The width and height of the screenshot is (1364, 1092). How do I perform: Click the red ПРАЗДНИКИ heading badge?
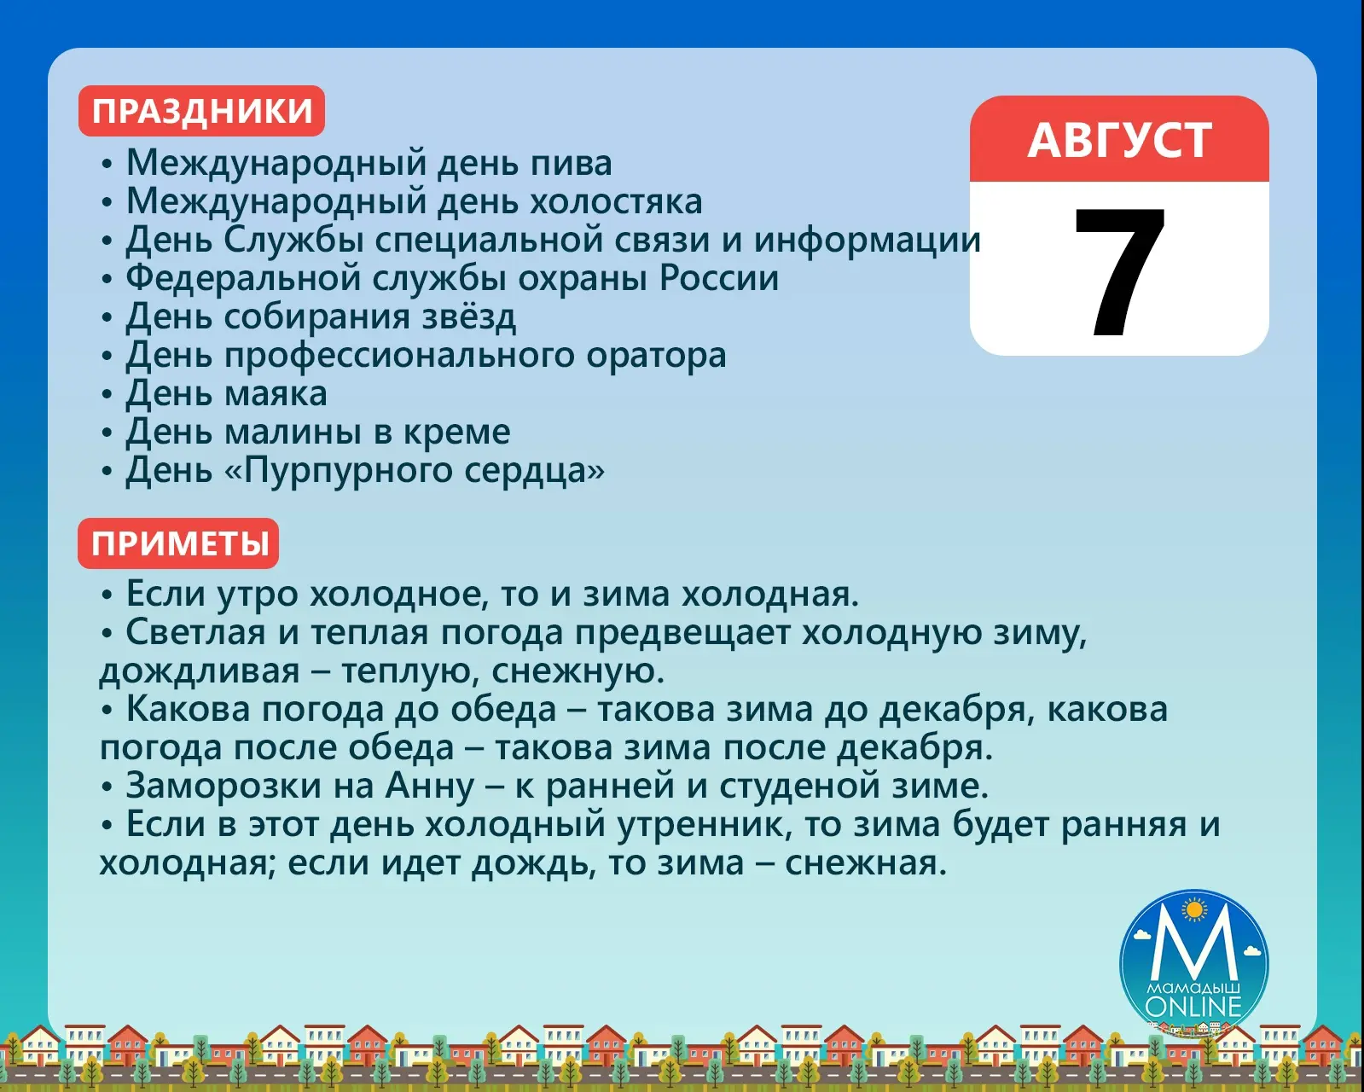pyautogui.click(x=201, y=111)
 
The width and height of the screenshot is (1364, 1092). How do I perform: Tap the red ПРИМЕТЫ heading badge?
pyautogui.click(x=178, y=543)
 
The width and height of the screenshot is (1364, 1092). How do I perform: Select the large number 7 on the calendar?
pyautogui.click(x=1120, y=272)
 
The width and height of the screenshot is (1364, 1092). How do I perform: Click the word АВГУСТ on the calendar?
pyautogui.click(x=1119, y=140)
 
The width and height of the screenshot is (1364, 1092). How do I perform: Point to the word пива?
pyautogui.click(x=571, y=163)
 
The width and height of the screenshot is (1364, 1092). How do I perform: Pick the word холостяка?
pyautogui.click(x=616, y=201)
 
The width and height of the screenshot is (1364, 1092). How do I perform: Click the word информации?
pyautogui.click(x=867, y=241)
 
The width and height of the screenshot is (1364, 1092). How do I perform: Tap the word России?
pyautogui.click(x=719, y=278)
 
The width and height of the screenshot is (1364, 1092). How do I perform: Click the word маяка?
pyautogui.click(x=276, y=394)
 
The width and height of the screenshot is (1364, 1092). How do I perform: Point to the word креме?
pyautogui.click(x=457, y=433)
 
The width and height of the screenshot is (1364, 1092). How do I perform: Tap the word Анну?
pyautogui.click(x=430, y=787)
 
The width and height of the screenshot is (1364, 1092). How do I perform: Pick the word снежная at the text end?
pyautogui.click(x=866, y=863)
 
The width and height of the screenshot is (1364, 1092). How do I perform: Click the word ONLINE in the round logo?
pyautogui.click(x=1193, y=1008)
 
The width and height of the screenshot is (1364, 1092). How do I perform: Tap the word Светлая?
pyautogui.click(x=195, y=633)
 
